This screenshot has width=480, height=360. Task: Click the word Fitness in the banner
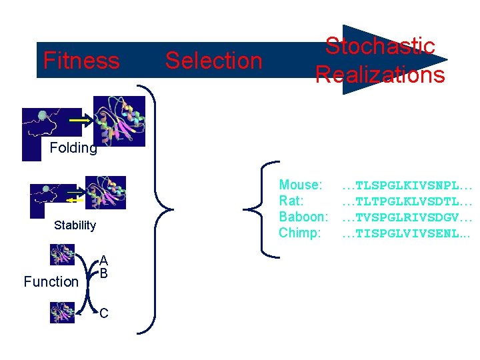pyautogui.click(x=81, y=61)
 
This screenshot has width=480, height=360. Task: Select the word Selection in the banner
pyautogui.click(x=213, y=61)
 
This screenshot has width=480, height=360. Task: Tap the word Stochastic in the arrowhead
pyautogui.click(x=380, y=47)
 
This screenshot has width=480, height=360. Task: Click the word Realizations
pyautogui.click(x=380, y=75)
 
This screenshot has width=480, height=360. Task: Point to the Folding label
pyautogui.click(x=73, y=148)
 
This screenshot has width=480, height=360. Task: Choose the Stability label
pyautogui.click(x=75, y=225)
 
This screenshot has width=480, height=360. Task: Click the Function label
pyautogui.click(x=51, y=282)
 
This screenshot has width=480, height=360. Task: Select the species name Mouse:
pyautogui.click(x=301, y=185)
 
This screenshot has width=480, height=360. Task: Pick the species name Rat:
pyautogui.click(x=291, y=201)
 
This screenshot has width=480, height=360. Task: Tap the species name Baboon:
pyautogui.click(x=303, y=217)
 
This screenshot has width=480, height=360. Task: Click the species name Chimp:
pyautogui.click(x=300, y=233)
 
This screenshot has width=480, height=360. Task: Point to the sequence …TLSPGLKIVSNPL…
pyautogui.click(x=407, y=185)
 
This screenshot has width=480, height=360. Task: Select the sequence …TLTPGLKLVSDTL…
pyautogui.click(x=407, y=201)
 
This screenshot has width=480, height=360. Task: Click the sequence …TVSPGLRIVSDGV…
pyautogui.click(x=407, y=217)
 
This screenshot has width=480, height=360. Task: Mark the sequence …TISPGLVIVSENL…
pyautogui.click(x=407, y=233)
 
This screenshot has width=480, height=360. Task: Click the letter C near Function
pyautogui.click(x=104, y=313)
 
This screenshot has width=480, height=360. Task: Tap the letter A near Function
pyautogui.click(x=103, y=261)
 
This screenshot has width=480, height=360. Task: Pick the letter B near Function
pyautogui.click(x=103, y=273)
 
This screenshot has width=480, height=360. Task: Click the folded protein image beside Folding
pyautogui.click(x=119, y=121)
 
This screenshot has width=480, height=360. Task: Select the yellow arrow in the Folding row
pyautogui.click(x=79, y=121)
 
